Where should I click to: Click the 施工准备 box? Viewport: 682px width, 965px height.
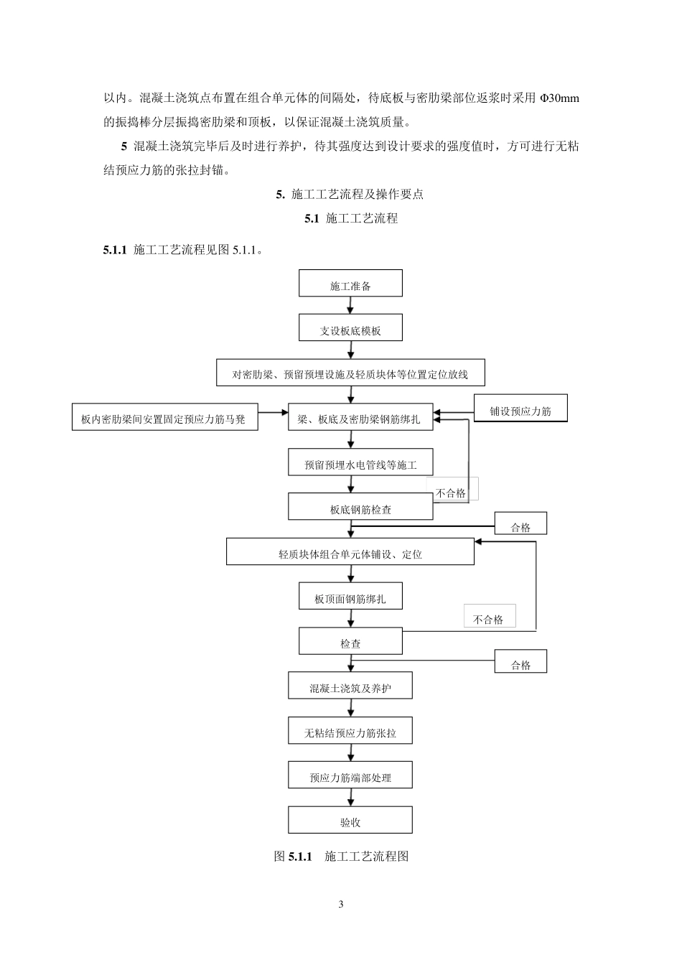[350, 284]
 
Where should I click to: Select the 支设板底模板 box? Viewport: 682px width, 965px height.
[350, 328]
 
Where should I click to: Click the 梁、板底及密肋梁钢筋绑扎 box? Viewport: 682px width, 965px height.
[360, 417]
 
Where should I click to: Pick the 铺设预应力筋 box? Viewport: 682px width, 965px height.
[520, 409]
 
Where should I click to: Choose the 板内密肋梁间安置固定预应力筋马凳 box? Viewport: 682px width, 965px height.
[165, 417]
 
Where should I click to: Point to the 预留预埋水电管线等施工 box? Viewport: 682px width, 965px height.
[360, 463]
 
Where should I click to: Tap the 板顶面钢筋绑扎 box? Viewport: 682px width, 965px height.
[350, 597]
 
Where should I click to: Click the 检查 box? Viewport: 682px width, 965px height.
[350, 641]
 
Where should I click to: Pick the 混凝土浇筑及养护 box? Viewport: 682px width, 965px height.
[350, 686]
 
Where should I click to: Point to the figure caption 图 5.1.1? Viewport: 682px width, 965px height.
[341, 856]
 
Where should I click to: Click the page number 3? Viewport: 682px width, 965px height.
[341, 904]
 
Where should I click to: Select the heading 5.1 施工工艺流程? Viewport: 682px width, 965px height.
[351, 218]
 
